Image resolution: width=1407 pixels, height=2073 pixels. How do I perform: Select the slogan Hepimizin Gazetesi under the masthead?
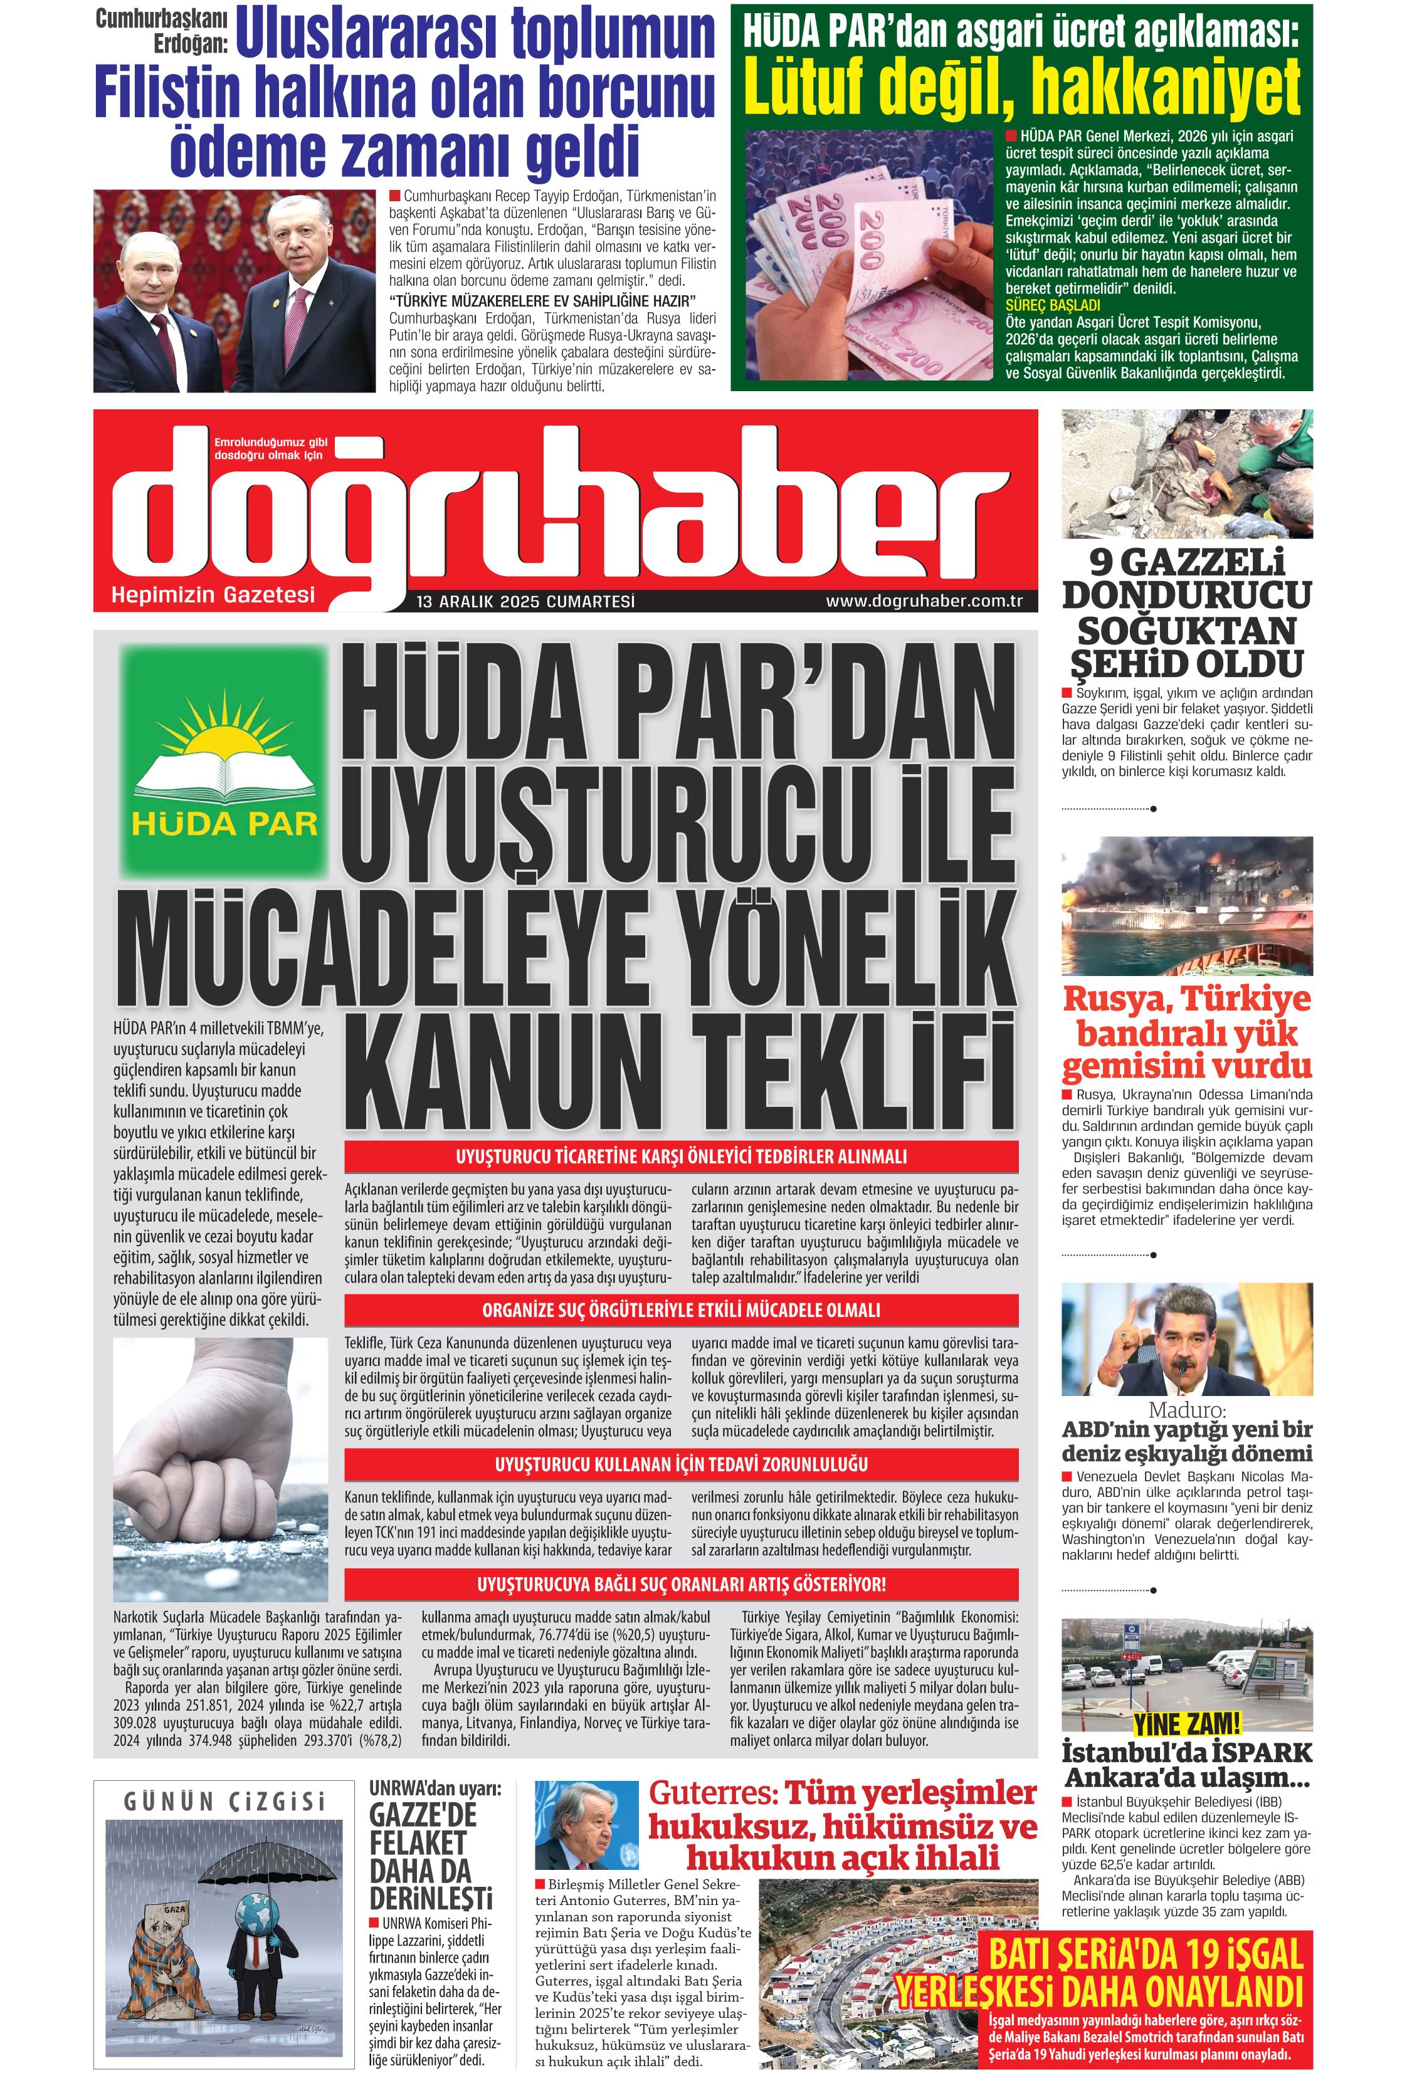[x=213, y=594]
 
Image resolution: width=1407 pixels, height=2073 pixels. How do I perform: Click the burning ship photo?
[x=1187, y=905]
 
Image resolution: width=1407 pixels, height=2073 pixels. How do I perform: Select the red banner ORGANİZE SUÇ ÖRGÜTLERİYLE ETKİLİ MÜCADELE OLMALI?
[x=681, y=1309]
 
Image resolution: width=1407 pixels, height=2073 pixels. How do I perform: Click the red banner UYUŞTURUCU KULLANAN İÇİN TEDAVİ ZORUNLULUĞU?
[x=681, y=1464]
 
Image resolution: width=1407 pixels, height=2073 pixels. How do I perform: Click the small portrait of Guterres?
[x=586, y=1825]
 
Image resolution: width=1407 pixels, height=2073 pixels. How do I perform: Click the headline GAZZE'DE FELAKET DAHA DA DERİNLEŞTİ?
[x=430, y=1855]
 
